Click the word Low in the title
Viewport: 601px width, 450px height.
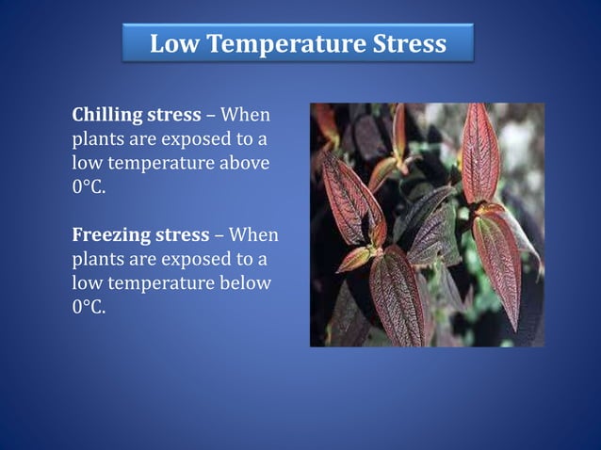pos(173,43)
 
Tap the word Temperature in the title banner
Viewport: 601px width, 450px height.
pos(276,43)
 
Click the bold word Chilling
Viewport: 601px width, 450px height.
pos(106,117)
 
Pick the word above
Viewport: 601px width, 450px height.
pos(244,164)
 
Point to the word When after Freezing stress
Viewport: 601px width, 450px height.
pos(253,235)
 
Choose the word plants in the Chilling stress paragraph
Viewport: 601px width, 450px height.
pos(98,141)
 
